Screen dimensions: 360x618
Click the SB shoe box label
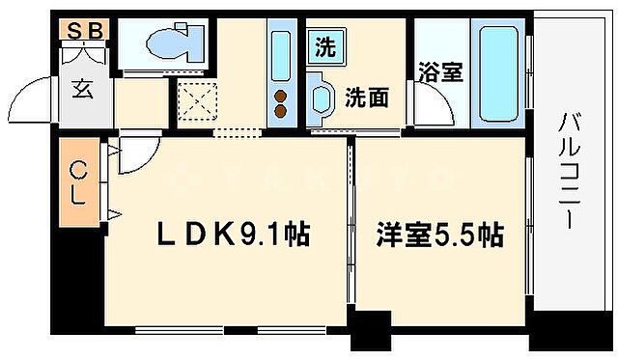click(85, 30)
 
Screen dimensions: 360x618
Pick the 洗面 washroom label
click(366, 97)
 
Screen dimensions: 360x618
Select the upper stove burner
click(281, 96)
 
